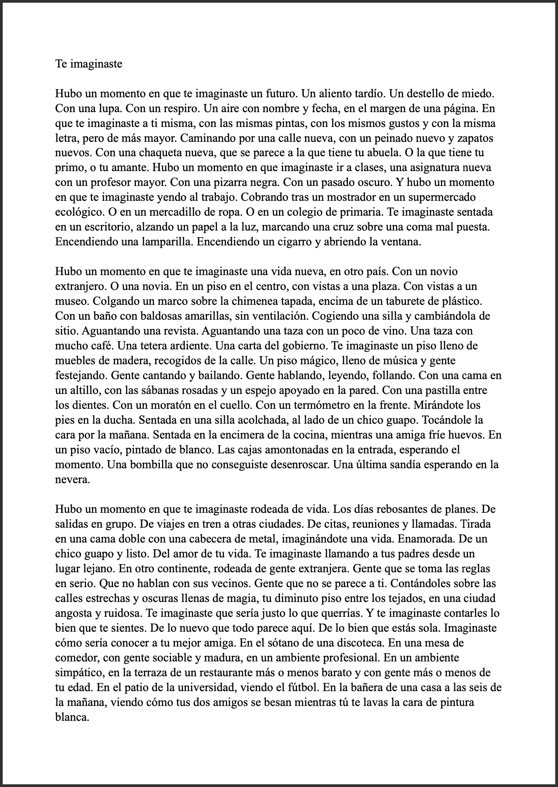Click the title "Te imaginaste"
89,64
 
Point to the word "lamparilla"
167,242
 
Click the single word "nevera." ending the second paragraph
72,479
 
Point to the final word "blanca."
72,717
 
